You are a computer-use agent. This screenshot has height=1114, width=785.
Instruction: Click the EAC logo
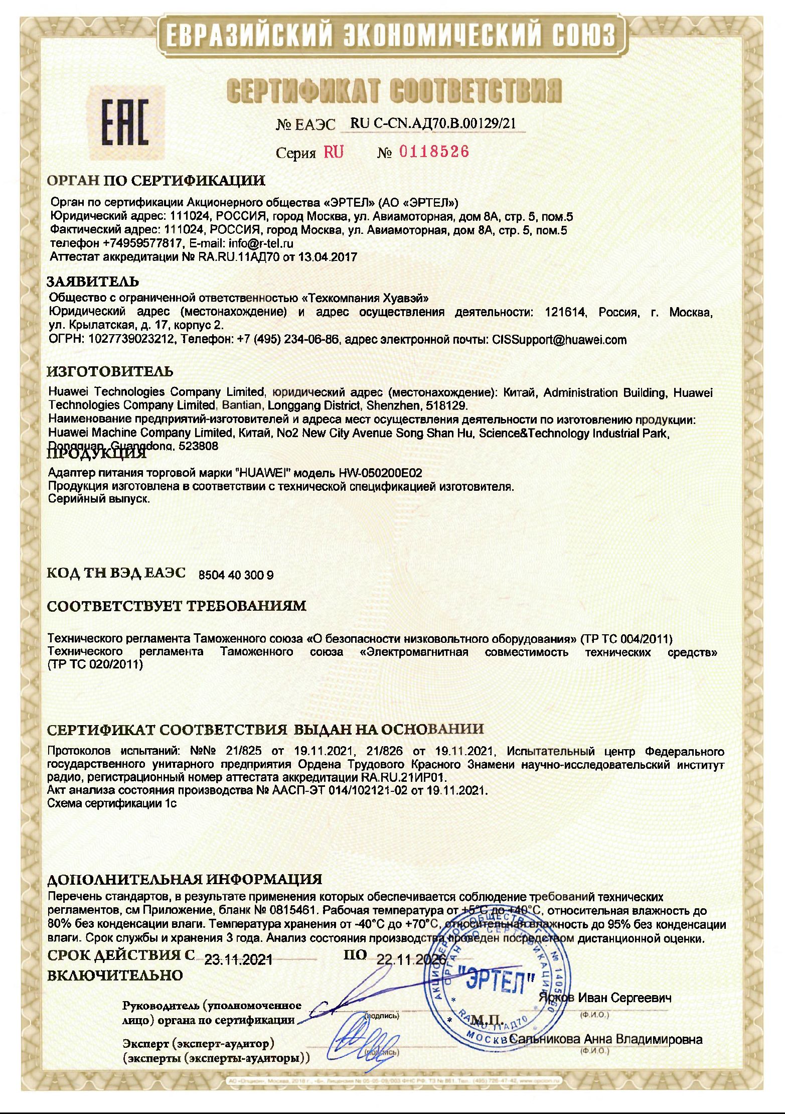[x=125, y=122]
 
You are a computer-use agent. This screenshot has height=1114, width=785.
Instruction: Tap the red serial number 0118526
[x=434, y=152]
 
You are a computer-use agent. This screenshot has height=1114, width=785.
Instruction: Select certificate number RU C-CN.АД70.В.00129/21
[x=433, y=123]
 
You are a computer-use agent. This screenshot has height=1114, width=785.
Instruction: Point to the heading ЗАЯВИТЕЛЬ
[x=93, y=281]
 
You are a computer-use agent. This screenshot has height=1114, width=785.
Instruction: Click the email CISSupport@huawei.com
[x=559, y=340]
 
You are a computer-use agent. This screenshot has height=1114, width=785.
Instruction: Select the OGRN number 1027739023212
[x=132, y=340]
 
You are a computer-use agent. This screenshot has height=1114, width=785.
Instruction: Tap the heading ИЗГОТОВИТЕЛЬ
[x=110, y=371]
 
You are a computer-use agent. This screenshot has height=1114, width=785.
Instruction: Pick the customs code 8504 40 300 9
[x=236, y=575]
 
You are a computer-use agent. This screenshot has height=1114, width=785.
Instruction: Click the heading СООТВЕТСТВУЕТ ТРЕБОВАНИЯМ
[x=177, y=606]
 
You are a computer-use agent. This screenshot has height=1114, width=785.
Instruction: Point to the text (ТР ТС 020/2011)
[x=95, y=665]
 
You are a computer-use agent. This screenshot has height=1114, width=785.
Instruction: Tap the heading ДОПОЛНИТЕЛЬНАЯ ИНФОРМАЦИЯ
[x=185, y=879]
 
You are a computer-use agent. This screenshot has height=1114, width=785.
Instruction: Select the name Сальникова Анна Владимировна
[x=605, y=1039]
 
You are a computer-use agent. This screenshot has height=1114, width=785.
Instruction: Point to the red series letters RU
[x=334, y=152]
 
